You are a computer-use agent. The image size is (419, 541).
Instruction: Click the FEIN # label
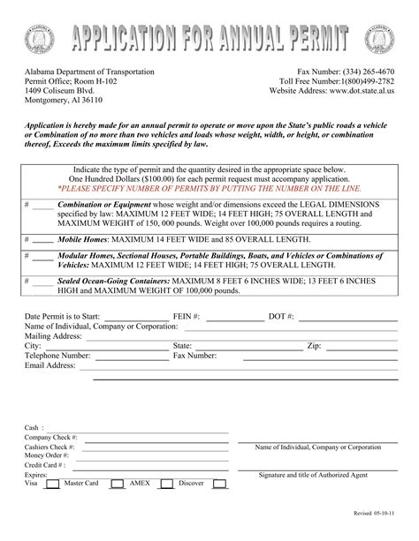(x=187, y=316)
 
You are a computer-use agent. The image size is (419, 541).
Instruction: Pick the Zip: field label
(x=314, y=346)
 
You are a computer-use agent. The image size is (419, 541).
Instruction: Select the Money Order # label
(x=46, y=455)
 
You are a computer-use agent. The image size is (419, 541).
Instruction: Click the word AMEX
(x=141, y=484)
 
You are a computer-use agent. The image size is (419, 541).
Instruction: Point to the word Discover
(x=192, y=484)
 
